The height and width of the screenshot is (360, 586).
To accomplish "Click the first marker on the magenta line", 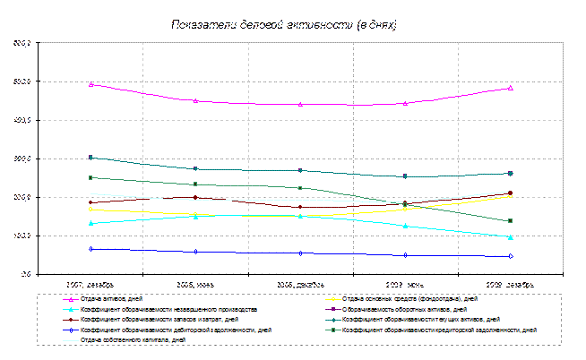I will coord(91,84).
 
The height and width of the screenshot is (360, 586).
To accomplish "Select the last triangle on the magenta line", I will coord(511,88).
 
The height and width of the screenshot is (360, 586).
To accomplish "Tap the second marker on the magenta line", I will coord(195,101).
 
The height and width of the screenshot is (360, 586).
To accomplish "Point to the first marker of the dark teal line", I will coord(91,158).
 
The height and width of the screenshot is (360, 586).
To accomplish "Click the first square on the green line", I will coord(91,177).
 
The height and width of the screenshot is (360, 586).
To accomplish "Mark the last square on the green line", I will coord(511,221).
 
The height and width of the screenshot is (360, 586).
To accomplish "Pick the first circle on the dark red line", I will coord(91,202).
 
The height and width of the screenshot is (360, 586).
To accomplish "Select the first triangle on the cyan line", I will coord(91,223).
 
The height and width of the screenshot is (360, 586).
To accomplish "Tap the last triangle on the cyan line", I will coord(511,237).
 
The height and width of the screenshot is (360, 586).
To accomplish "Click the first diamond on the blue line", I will coord(91,249).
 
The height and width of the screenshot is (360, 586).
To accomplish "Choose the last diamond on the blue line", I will coord(511,256).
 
